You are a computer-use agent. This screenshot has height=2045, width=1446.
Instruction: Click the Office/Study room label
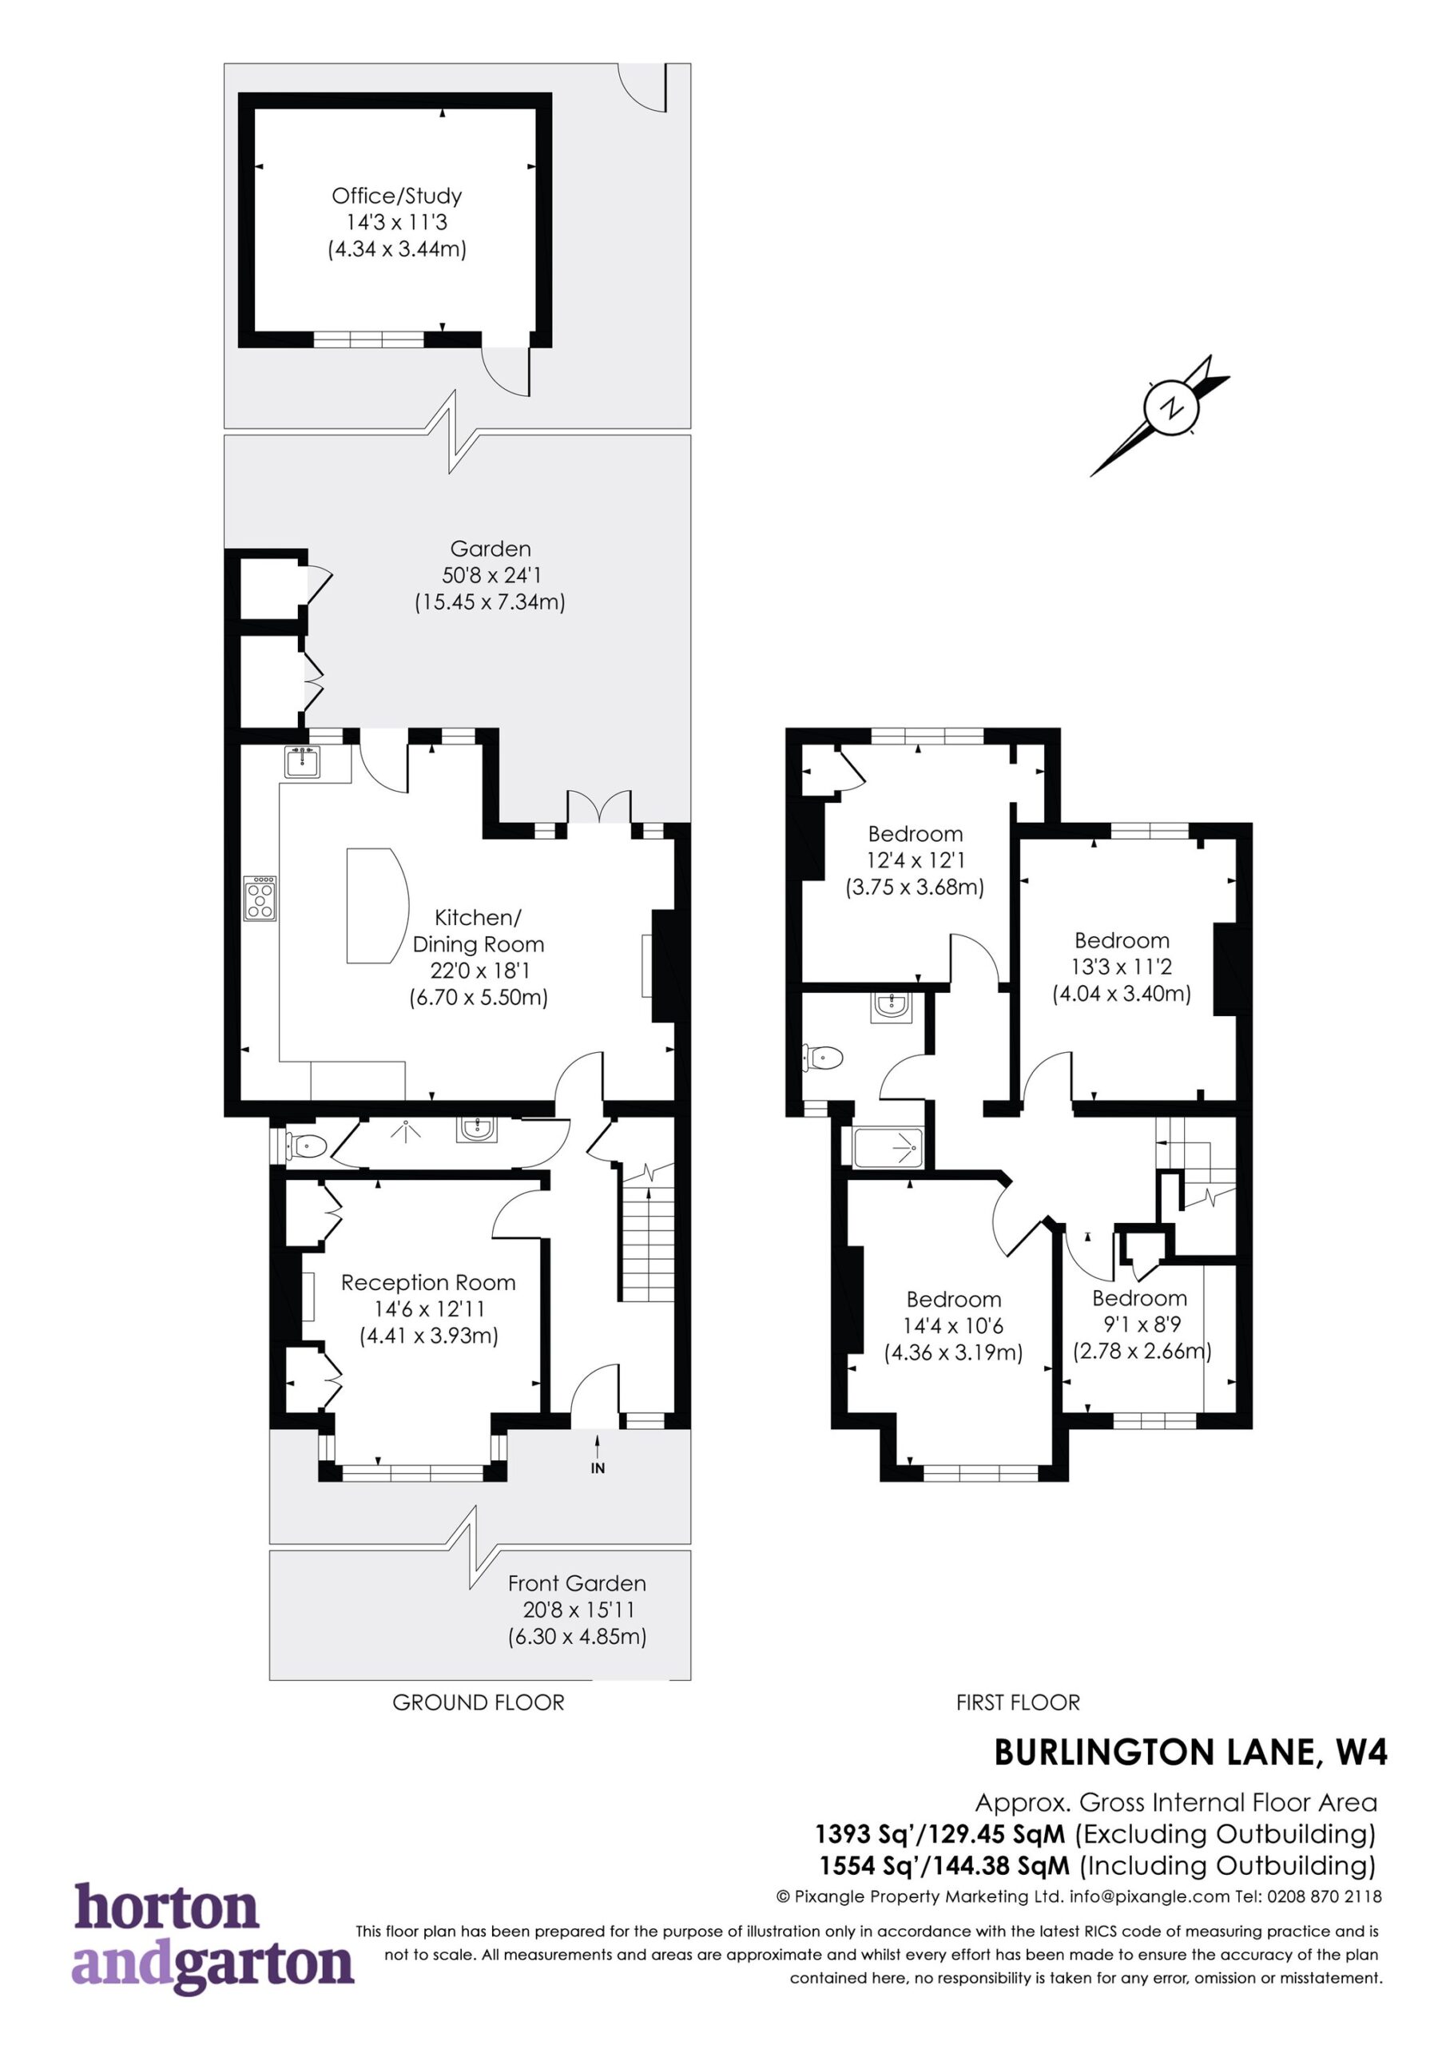[x=397, y=196]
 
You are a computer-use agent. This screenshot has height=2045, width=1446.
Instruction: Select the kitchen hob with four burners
[x=261, y=899]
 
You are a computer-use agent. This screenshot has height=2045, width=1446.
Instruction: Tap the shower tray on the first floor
[x=889, y=1147]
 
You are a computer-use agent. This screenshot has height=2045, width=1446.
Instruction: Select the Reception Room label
[x=428, y=1283]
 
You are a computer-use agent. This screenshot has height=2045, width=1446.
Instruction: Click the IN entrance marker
[x=598, y=1467]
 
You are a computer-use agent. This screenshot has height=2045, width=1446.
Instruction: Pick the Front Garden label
[x=578, y=1583]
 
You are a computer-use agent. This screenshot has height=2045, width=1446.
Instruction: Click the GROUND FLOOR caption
[x=479, y=1703]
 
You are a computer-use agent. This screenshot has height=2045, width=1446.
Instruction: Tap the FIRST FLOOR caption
[x=1019, y=1703]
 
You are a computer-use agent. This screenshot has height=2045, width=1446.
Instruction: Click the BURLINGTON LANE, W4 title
[x=1190, y=1753]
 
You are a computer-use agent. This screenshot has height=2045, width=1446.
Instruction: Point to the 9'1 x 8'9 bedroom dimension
[x=1139, y=1325]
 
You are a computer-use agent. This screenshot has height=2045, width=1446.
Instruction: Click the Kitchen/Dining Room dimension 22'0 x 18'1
[x=480, y=971]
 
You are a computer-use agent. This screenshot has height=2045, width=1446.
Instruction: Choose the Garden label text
[x=491, y=550]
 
